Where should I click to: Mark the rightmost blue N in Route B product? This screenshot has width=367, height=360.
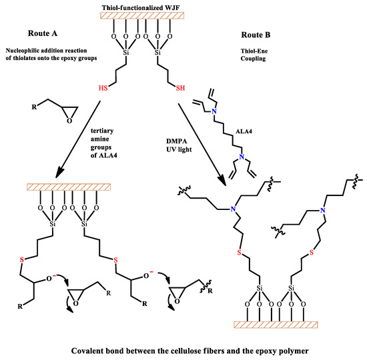pyautogui.click(x=322, y=211)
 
